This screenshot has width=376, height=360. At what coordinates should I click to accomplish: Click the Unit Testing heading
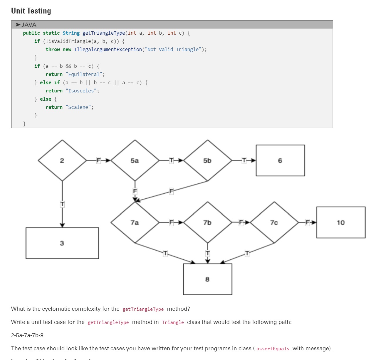[31, 11]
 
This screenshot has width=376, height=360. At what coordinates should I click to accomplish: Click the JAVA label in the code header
[28, 25]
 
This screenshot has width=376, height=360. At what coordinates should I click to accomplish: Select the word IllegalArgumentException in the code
[108, 49]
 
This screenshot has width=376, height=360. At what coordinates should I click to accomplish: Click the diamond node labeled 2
[62, 160]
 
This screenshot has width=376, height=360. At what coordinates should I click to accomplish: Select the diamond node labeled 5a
[135, 160]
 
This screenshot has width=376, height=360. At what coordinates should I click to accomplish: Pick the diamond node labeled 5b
[207, 160]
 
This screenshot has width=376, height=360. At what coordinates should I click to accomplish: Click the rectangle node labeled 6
[280, 160]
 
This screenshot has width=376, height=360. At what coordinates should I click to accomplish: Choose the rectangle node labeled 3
[62, 243]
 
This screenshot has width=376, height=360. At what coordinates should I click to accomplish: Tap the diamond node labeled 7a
[135, 222]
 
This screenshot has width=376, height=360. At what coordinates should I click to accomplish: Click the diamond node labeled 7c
[274, 222]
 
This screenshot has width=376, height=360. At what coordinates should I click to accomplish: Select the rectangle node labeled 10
[341, 222]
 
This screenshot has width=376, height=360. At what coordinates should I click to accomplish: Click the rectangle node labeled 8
[207, 279]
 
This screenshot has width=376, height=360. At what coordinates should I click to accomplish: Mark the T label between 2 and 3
[62, 204]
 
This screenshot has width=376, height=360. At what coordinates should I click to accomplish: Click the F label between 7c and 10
[308, 222]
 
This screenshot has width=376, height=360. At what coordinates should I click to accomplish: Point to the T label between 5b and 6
[244, 160]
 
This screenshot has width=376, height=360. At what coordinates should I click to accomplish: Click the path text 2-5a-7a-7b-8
[27, 335]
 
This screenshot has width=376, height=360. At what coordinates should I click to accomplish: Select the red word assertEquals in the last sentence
[273, 349]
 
